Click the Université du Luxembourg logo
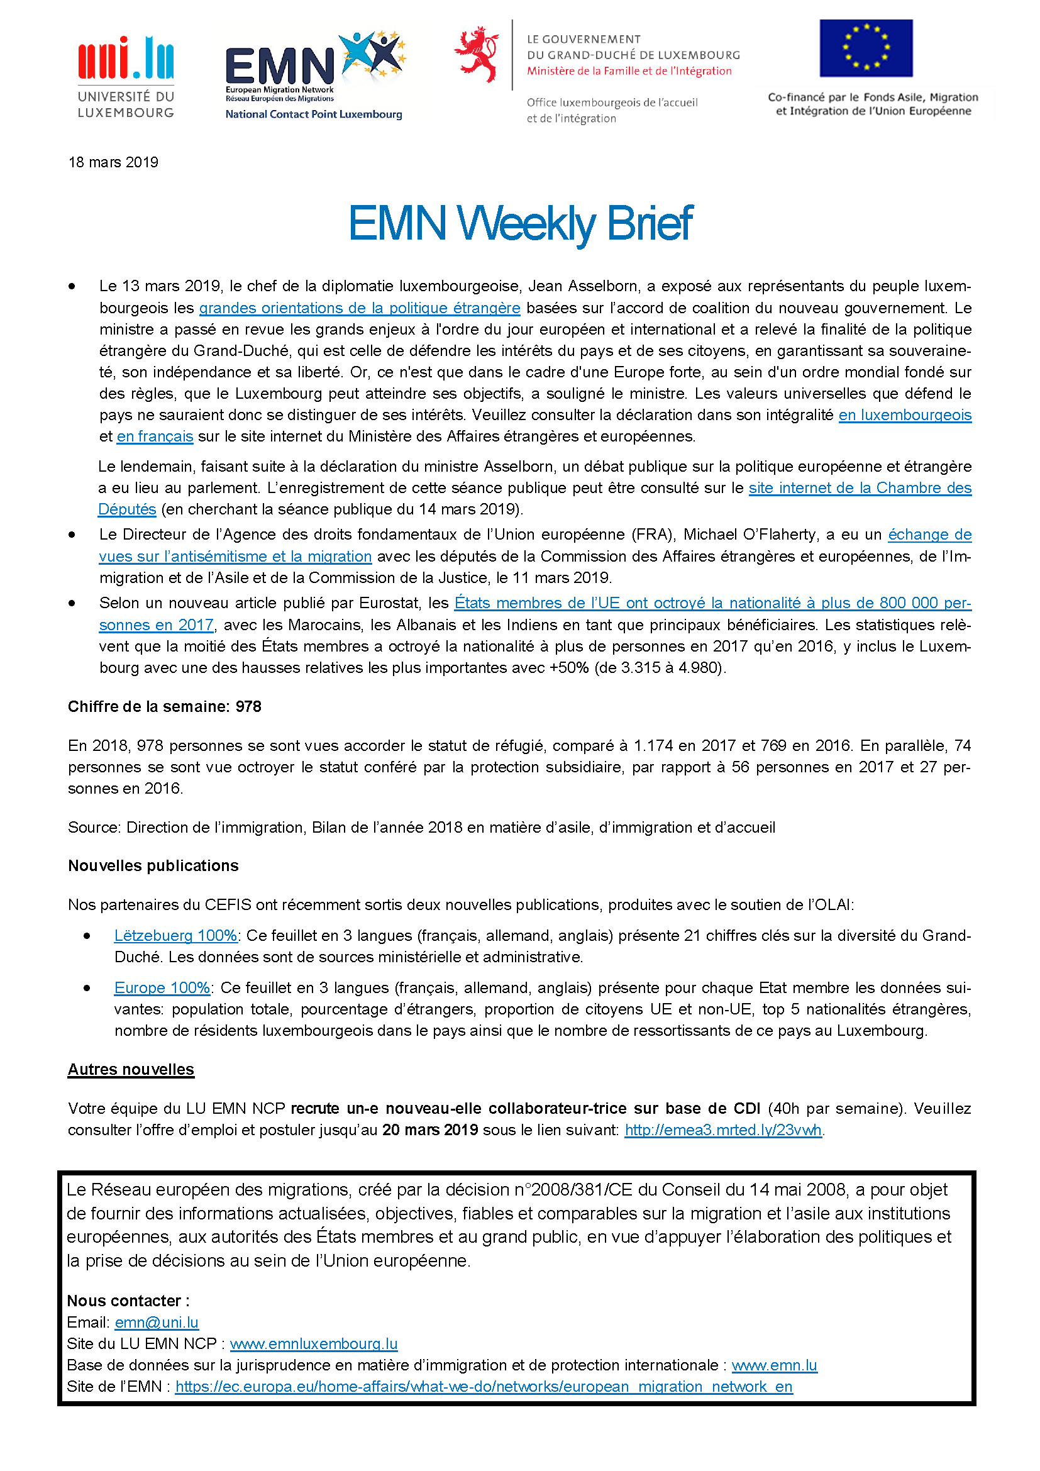[126, 77]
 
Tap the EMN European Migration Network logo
[314, 74]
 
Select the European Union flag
[865, 48]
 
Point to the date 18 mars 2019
[113, 162]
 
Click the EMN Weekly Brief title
[519, 223]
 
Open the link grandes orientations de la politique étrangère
[359, 308]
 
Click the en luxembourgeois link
[904, 415]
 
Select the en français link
[155, 437]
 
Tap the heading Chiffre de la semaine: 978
[165, 707]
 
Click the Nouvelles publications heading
[153, 866]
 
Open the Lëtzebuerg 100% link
[176, 936]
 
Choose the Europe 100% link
[162, 988]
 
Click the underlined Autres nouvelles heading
[131, 1070]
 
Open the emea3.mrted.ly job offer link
[723, 1130]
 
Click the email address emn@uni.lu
[157, 1323]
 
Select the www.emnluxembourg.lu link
[314, 1343]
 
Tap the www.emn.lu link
[774, 1365]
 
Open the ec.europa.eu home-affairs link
[484, 1387]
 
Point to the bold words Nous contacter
[125, 1301]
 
